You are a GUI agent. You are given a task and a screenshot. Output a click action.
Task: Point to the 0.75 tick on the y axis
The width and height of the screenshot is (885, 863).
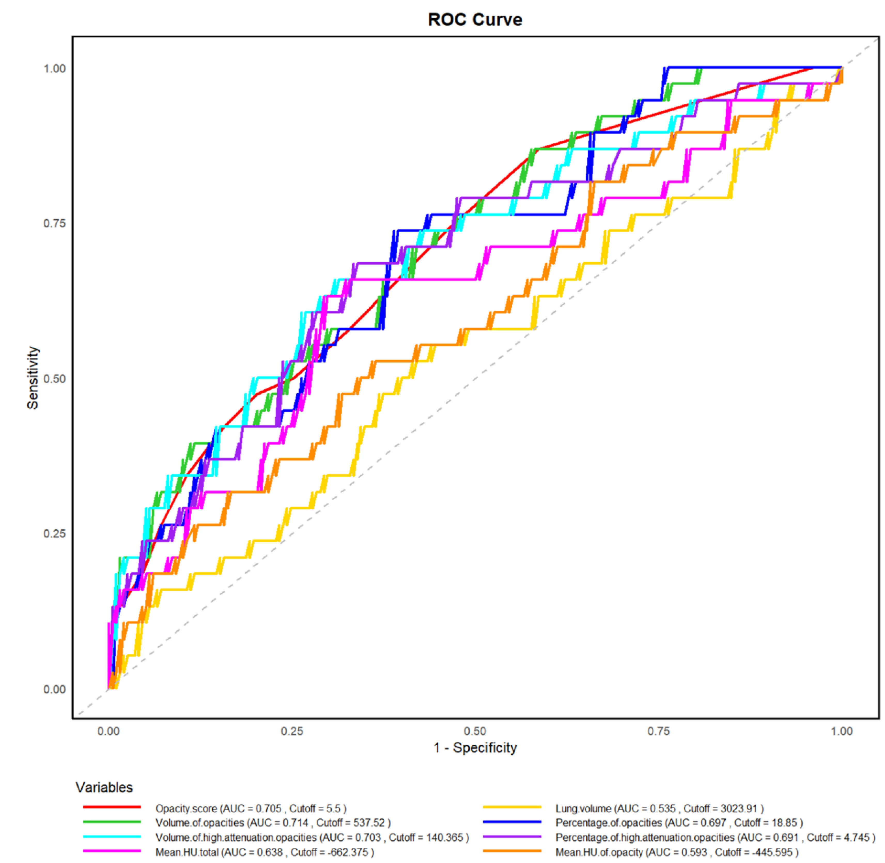pos(54,224)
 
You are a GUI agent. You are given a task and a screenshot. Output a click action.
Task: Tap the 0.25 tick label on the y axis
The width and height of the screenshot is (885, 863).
pos(54,533)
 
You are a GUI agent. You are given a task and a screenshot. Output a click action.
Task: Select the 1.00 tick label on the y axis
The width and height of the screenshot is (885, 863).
pos(54,68)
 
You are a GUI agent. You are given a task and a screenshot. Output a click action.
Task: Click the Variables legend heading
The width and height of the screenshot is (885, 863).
pos(104,787)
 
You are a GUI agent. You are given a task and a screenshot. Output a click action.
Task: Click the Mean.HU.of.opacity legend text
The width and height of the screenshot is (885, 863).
pos(677,852)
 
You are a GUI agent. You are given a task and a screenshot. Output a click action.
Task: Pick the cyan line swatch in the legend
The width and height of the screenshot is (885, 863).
pos(112,837)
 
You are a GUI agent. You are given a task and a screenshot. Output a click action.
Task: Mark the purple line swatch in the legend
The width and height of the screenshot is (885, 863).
pos(512,837)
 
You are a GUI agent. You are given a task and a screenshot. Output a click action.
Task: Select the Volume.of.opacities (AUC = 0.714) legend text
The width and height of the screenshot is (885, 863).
pos(273,823)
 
